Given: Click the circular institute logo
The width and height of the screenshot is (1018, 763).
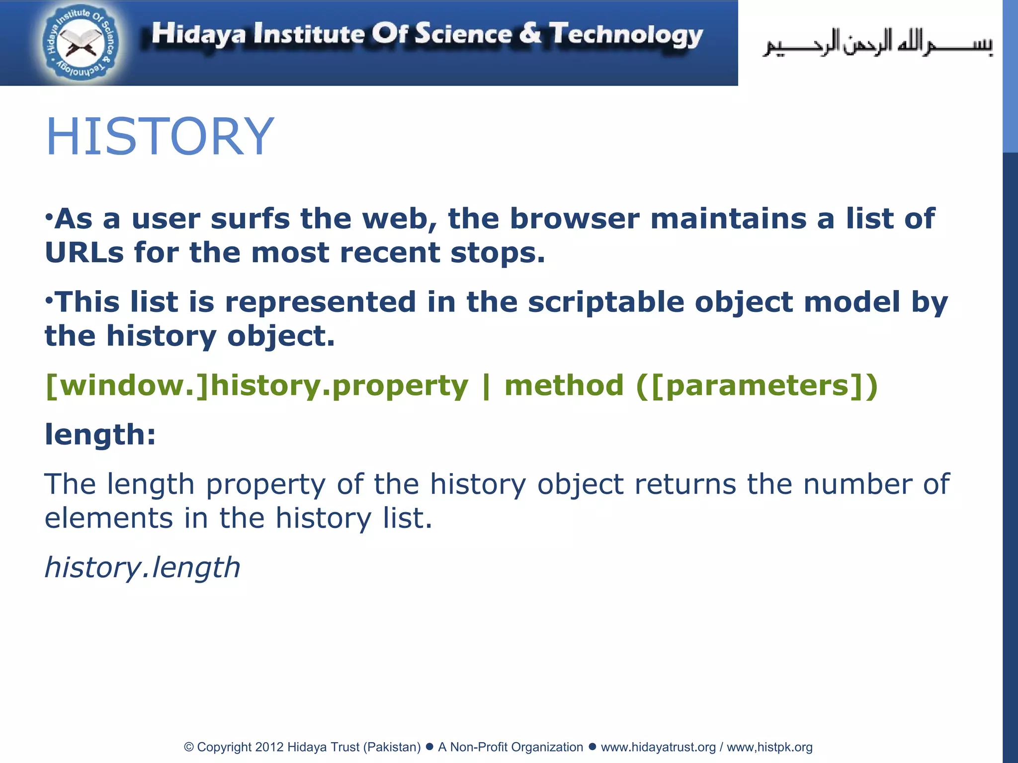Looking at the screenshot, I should point(81,44).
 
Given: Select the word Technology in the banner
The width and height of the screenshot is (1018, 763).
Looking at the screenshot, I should point(626,35).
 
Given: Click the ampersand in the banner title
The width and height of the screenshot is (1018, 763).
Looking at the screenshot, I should point(530,34).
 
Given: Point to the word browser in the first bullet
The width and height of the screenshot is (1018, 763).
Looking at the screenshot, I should point(574,219).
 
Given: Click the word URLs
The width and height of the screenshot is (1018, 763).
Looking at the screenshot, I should point(84,252).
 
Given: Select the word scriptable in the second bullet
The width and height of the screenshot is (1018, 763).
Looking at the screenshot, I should point(605,302).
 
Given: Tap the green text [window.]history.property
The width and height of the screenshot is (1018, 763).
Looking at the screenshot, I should point(256,385).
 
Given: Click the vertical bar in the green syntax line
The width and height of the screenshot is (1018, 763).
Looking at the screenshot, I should point(486,385).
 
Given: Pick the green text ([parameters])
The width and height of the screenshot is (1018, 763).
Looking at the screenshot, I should point(757,385).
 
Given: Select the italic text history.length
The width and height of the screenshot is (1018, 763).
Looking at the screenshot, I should point(143,567).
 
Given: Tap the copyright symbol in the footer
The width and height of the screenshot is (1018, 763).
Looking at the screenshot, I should point(189,747).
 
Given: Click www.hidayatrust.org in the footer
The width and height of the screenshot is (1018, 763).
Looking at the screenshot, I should point(658,747).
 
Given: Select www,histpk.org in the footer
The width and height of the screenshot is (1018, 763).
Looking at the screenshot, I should point(769,747).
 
